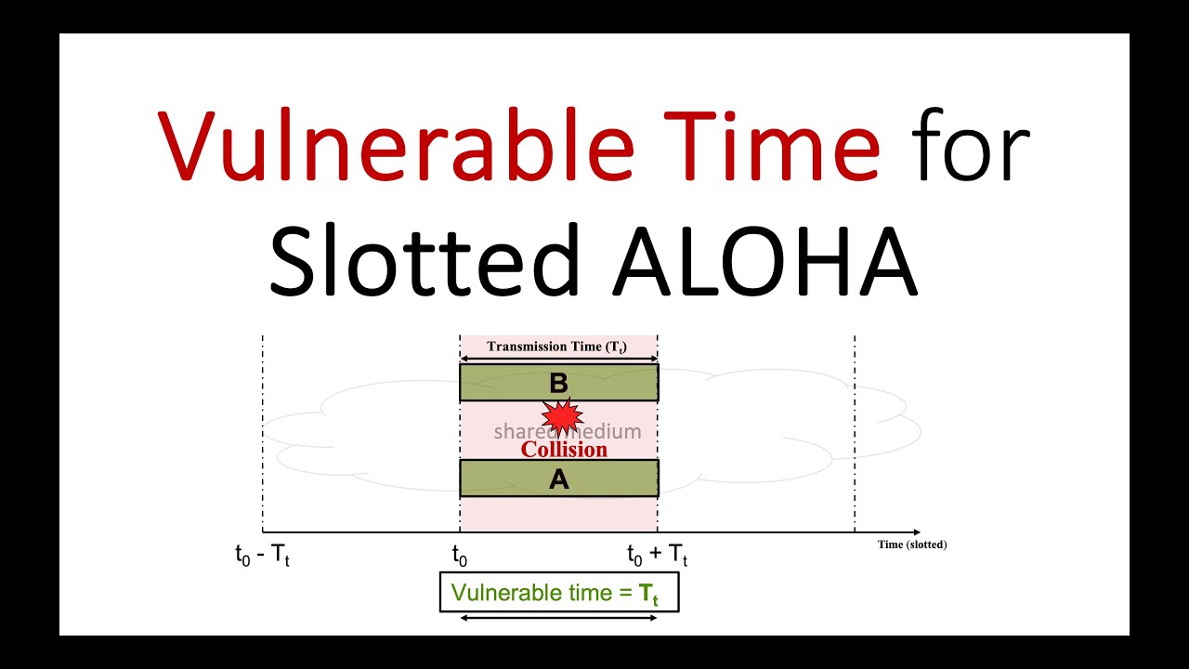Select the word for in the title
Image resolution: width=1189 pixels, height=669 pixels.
click(970, 145)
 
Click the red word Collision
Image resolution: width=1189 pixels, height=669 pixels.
click(564, 450)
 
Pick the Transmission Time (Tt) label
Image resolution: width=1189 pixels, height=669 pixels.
click(557, 347)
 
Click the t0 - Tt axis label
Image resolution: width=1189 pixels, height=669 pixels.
click(263, 556)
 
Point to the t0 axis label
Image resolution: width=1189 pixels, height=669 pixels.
click(460, 556)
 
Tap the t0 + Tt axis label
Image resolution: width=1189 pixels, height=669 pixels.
click(658, 556)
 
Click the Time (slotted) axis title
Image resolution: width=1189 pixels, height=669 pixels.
click(912, 544)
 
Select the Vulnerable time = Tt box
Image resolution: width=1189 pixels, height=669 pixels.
click(559, 593)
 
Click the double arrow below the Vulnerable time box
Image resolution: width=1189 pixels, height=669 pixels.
click(559, 618)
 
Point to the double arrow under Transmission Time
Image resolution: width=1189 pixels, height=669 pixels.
click(558, 358)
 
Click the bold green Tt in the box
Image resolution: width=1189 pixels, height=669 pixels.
click(648, 595)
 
